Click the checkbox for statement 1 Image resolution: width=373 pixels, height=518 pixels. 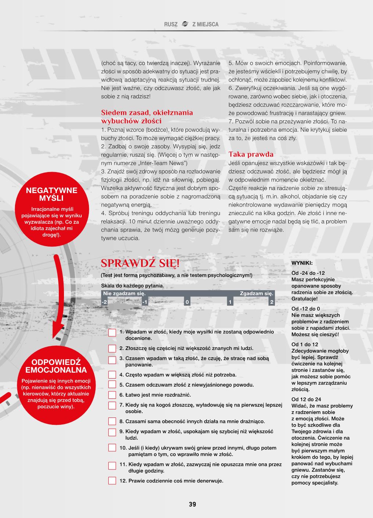click(112, 332)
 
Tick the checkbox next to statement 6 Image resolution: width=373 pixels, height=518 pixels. click(112, 395)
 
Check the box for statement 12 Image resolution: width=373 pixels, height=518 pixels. click(112, 481)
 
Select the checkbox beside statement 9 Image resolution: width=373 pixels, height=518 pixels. click(112, 432)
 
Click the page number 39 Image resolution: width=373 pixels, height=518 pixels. click(193, 504)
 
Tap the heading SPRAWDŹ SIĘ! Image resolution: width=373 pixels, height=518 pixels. click(140, 263)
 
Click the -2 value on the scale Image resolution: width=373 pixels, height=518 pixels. click(105, 302)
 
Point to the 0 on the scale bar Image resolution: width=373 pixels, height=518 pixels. click(187, 302)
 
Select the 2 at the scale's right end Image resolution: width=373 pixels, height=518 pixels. click(272, 302)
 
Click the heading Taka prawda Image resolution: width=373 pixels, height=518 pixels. click(251, 154)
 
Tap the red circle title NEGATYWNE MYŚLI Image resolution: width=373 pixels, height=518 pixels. click(52, 194)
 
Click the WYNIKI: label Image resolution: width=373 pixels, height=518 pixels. click(302, 263)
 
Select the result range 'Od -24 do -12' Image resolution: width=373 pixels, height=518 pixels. click(308, 273)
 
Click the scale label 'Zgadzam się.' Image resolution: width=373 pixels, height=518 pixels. click(257, 293)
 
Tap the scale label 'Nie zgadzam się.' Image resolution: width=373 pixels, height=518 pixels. click(124, 293)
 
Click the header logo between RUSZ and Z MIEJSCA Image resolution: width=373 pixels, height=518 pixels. click(185, 24)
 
